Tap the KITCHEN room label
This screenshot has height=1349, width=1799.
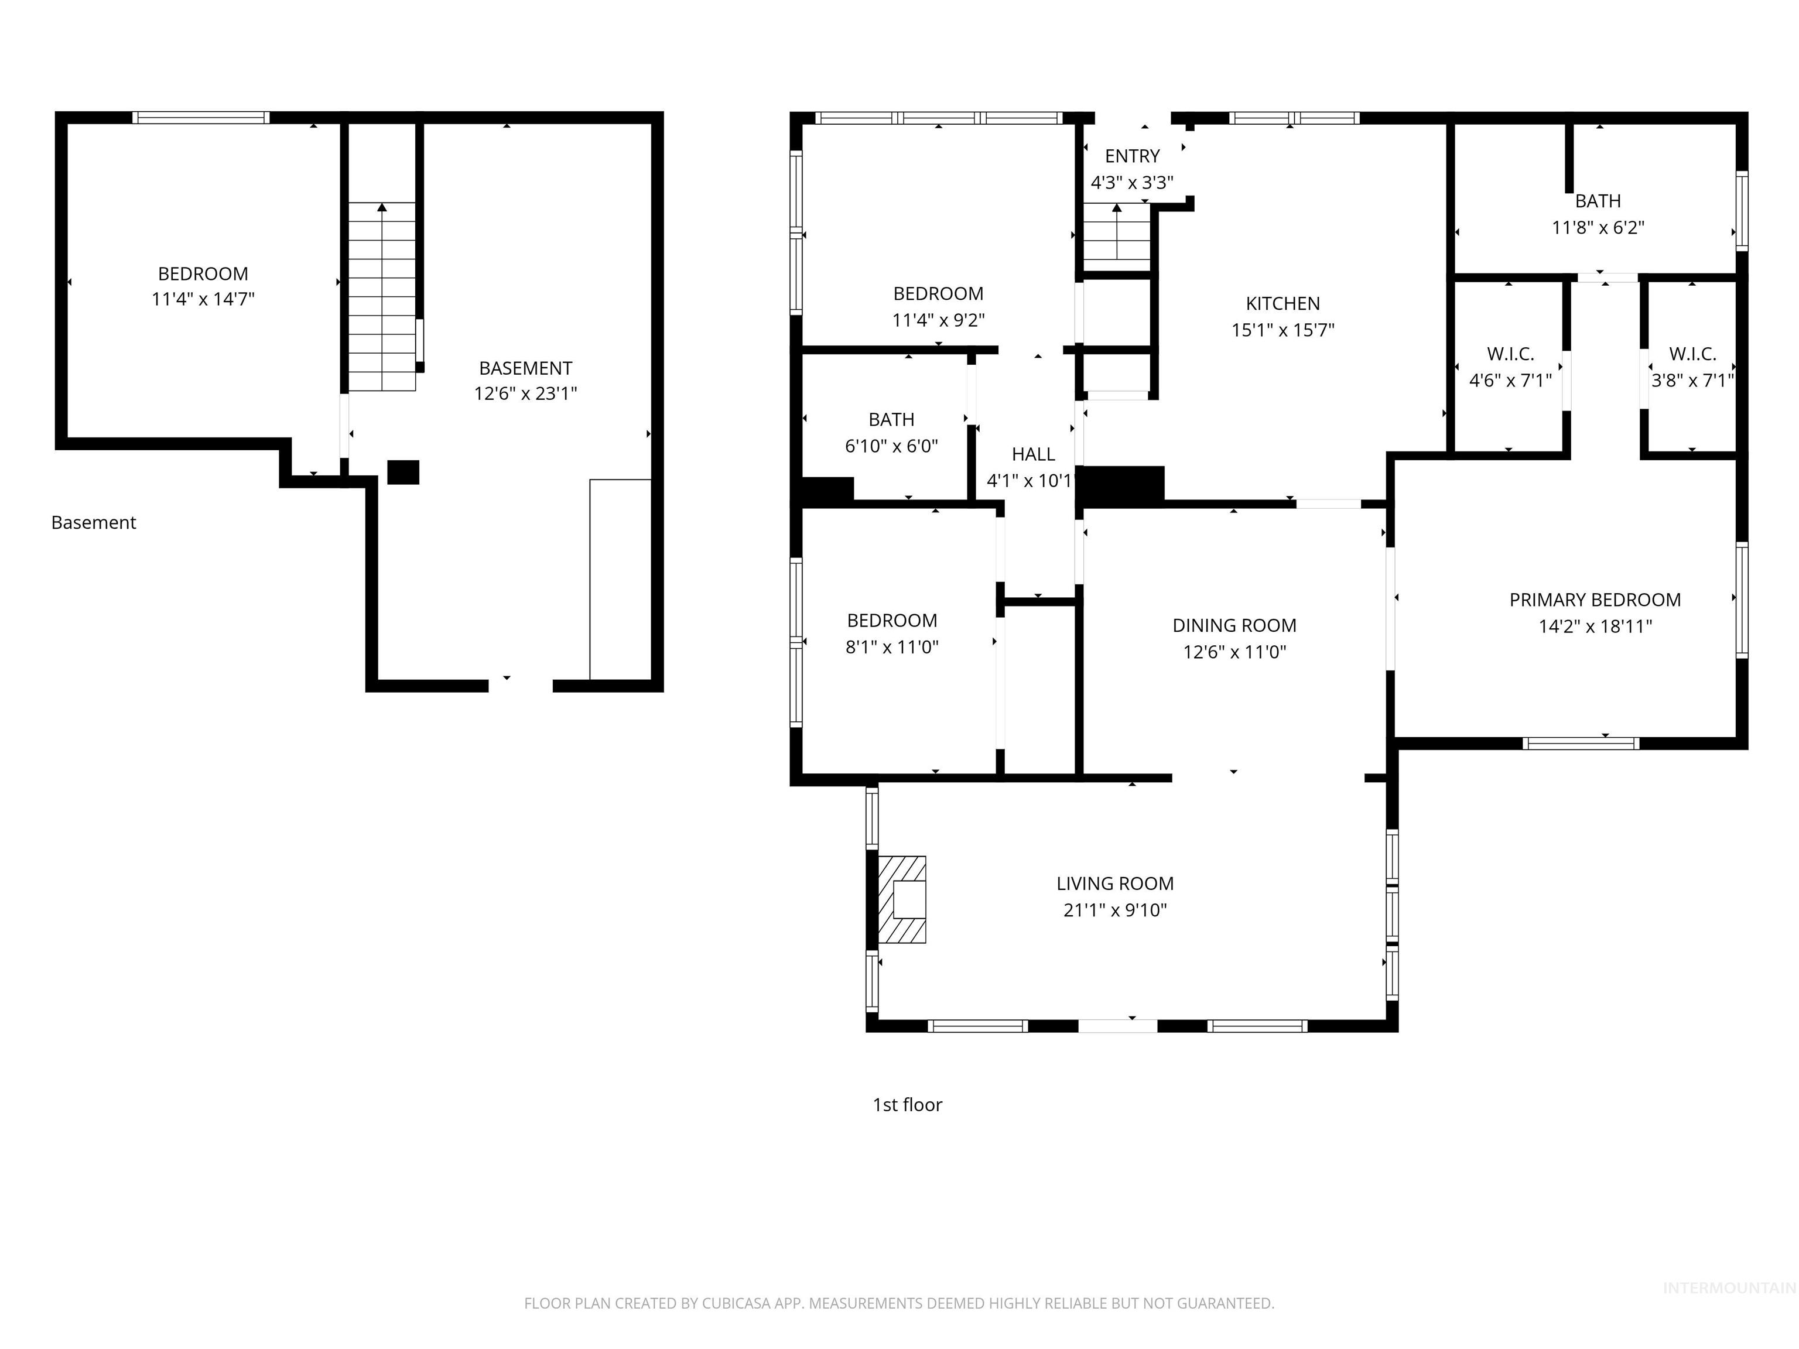pyautogui.click(x=1282, y=303)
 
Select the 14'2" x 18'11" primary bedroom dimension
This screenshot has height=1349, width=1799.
pyautogui.click(x=1595, y=626)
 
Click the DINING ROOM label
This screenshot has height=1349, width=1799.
pyautogui.click(x=1234, y=625)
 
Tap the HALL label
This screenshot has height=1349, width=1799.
pyautogui.click(x=1033, y=454)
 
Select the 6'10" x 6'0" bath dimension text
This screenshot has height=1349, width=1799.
pyautogui.click(x=891, y=446)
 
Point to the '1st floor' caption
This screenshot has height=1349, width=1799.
pyautogui.click(x=907, y=1104)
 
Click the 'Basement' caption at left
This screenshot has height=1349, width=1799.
pyautogui.click(x=94, y=523)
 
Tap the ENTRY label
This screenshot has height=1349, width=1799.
pyautogui.click(x=1132, y=156)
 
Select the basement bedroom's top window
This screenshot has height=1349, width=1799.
pyautogui.click(x=201, y=118)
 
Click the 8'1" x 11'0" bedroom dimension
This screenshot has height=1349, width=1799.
pyautogui.click(x=892, y=647)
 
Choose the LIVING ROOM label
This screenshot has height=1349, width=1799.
pyautogui.click(x=1114, y=883)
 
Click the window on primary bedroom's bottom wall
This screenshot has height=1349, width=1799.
pyautogui.click(x=1579, y=742)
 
